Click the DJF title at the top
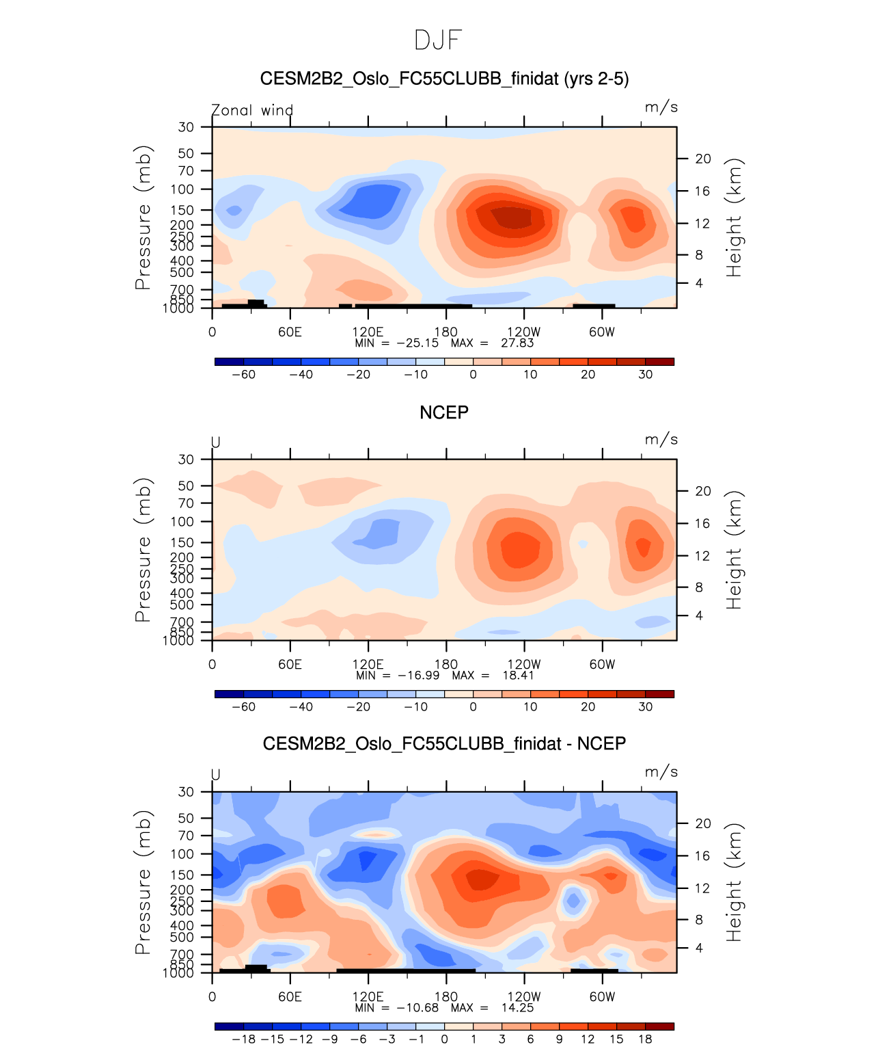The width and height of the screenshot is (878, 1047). (x=438, y=40)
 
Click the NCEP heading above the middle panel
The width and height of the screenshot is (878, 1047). (x=443, y=412)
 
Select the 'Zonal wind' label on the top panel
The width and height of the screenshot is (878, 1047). (x=251, y=110)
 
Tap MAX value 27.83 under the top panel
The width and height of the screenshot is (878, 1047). (x=517, y=343)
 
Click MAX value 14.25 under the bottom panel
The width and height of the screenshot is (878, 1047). (x=517, y=1008)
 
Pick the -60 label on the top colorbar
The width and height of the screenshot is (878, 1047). (x=243, y=375)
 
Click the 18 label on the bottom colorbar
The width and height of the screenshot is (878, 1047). (x=645, y=1039)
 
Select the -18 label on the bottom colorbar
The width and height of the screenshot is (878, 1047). (x=243, y=1039)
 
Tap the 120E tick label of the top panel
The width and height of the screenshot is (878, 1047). (x=368, y=332)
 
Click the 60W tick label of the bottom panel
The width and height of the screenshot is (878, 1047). (x=602, y=997)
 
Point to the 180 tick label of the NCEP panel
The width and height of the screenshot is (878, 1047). (x=446, y=665)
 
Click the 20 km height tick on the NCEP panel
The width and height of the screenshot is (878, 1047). (x=703, y=491)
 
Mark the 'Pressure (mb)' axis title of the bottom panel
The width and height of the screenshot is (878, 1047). (x=143, y=882)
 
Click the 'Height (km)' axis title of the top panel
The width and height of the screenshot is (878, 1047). (x=734, y=217)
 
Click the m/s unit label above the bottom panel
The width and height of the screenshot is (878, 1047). (x=661, y=772)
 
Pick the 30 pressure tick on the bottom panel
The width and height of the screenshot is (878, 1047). (x=187, y=792)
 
